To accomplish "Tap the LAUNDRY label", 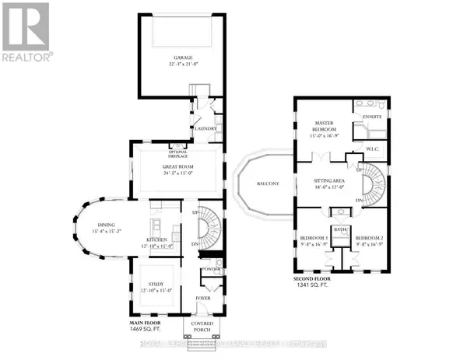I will pyautogui.click(x=205, y=130).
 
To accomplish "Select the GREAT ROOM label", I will pyautogui.click(x=178, y=167).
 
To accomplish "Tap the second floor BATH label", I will pyautogui.click(x=340, y=229).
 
